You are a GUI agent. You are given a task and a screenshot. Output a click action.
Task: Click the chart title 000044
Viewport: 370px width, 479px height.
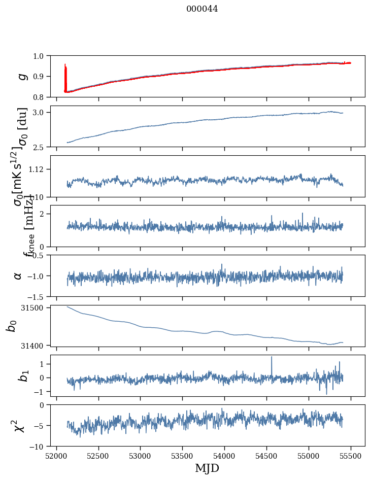coord(202,9)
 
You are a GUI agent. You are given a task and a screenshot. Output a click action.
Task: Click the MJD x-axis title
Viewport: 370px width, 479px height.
coord(207,468)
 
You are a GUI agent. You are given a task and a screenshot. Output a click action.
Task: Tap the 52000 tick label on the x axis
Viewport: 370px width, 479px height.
coord(56,456)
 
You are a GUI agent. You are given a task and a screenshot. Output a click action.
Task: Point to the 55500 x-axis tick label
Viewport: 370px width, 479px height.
coord(351,456)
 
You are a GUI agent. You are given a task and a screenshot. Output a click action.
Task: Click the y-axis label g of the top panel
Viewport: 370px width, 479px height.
coord(21,76)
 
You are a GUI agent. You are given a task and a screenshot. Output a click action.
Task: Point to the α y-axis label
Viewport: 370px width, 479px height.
coord(18,276)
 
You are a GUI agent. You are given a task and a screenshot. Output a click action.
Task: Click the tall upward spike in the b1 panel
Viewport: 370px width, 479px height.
coord(272,358)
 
